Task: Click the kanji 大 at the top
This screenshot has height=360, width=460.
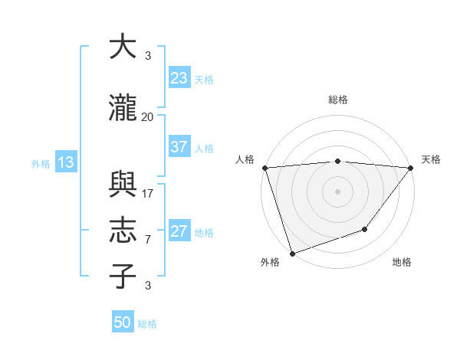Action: tap(123, 47)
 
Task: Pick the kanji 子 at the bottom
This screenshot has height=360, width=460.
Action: tap(123, 277)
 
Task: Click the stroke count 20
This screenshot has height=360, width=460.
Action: tap(147, 116)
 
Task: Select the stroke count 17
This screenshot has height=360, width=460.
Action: tap(148, 193)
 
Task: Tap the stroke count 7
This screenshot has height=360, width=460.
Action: tap(148, 239)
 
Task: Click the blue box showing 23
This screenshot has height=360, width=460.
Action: tap(179, 78)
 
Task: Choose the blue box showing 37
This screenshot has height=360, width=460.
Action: tap(179, 147)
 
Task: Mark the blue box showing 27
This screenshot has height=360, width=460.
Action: tap(179, 231)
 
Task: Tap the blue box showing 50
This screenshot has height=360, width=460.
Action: tap(123, 322)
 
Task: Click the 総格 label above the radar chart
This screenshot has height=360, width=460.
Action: tap(338, 100)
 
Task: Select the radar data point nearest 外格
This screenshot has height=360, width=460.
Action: tap(292, 253)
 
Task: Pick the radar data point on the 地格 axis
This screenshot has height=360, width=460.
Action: tap(366, 229)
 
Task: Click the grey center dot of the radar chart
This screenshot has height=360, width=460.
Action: tap(337, 191)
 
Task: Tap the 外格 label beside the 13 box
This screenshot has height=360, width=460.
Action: tap(41, 163)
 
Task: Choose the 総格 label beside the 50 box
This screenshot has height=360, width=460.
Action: tap(148, 324)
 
